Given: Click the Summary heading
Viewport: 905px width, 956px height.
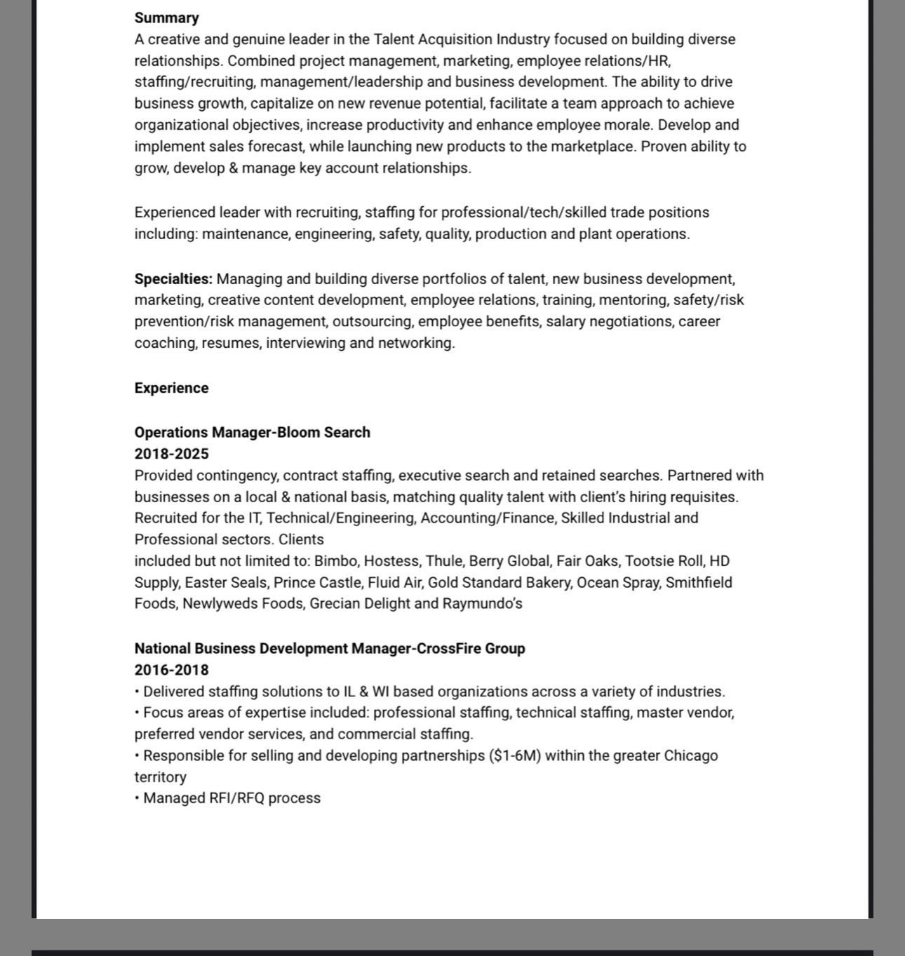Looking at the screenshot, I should [x=166, y=18].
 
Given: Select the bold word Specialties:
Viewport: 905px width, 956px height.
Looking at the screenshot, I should [x=173, y=279].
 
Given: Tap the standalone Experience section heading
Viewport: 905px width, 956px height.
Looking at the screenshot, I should [x=171, y=389].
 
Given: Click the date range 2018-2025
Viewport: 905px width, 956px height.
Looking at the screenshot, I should [x=171, y=454].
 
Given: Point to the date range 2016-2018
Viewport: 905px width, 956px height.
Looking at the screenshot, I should [x=171, y=670].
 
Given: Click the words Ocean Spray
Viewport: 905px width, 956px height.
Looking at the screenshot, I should [x=617, y=583].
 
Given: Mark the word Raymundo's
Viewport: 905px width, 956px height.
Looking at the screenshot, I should [x=482, y=604].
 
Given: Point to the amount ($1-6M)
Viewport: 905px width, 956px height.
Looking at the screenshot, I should [x=515, y=756].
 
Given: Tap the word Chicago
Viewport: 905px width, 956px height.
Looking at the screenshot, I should [x=690, y=756].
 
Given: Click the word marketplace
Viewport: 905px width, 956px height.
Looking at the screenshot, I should [x=592, y=147].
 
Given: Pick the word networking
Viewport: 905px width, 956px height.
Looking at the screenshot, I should [x=416, y=343].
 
